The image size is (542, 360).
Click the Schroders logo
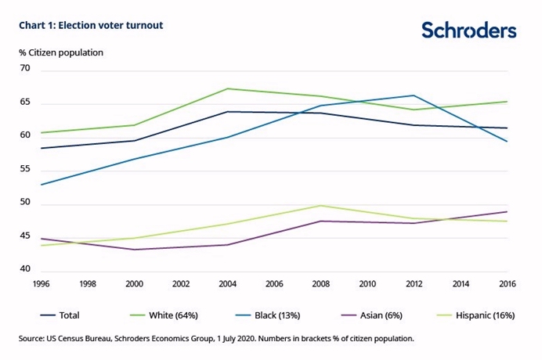(468, 30)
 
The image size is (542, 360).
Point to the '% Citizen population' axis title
(61, 52)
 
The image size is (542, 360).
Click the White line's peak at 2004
(227, 88)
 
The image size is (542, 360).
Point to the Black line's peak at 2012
(414, 95)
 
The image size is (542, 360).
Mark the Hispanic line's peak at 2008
(320, 206)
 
